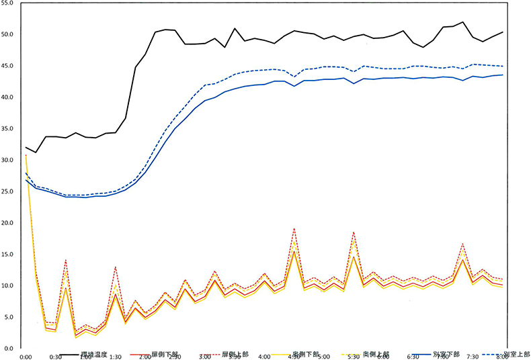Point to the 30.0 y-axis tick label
click(9, 161)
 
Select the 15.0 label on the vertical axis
click(9, 255)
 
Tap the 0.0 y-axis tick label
click(10, 349)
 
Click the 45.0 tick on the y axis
click(9, 66)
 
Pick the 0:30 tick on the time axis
click(56, 357)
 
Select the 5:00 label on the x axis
click(323, 357)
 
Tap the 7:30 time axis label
click(473, 357)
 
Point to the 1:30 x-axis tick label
click(116, 357)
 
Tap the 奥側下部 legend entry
click(306, 353)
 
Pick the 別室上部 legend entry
click(516, 353)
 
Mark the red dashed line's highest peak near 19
click(294, 229)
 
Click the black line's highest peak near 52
click(463, 22)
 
